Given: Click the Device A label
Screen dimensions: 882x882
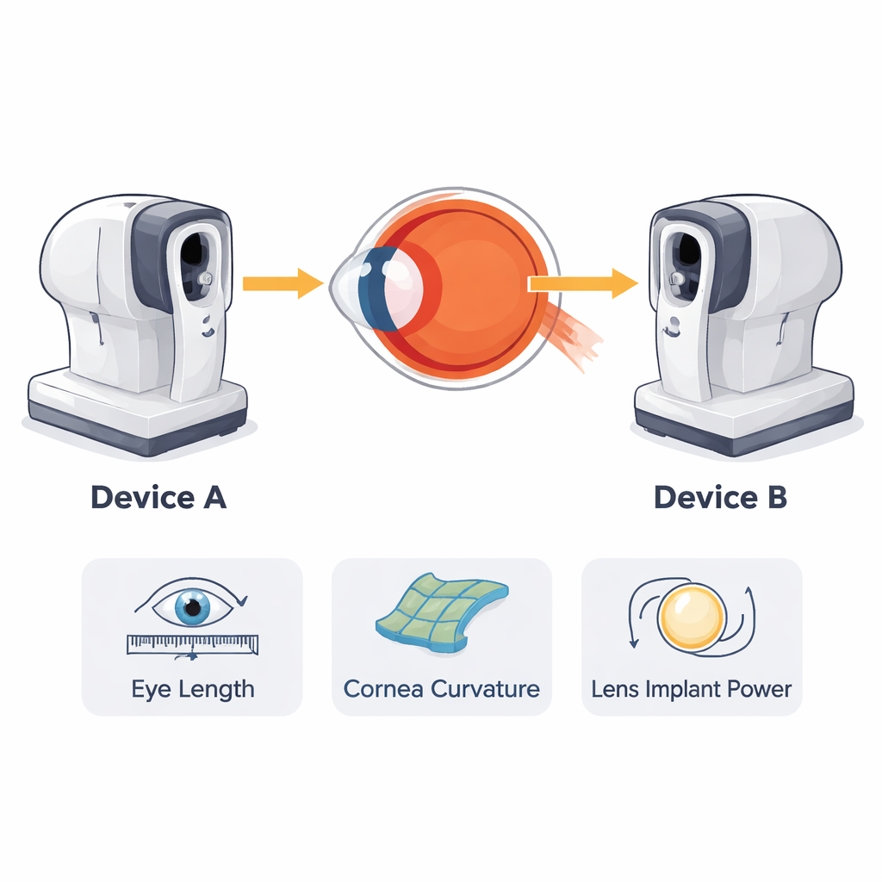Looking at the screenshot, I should pyautogui.click(x=158, y=498).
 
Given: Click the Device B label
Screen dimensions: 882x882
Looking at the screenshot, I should pyautogui.click(x=720, y=498).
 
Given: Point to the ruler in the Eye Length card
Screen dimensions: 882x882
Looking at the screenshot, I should pyautogui.click(x=192, y=643).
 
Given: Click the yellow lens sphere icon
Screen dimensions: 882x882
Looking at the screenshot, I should pyautogui.click(x=691, y=617).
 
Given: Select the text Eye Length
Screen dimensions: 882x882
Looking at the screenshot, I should pyautogui.click(x=192, y=690).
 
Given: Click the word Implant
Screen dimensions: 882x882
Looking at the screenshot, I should pyautogui.click(x=687, y=690).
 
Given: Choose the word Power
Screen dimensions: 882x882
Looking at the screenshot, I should pyautogui.click(x=761, y=690).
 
